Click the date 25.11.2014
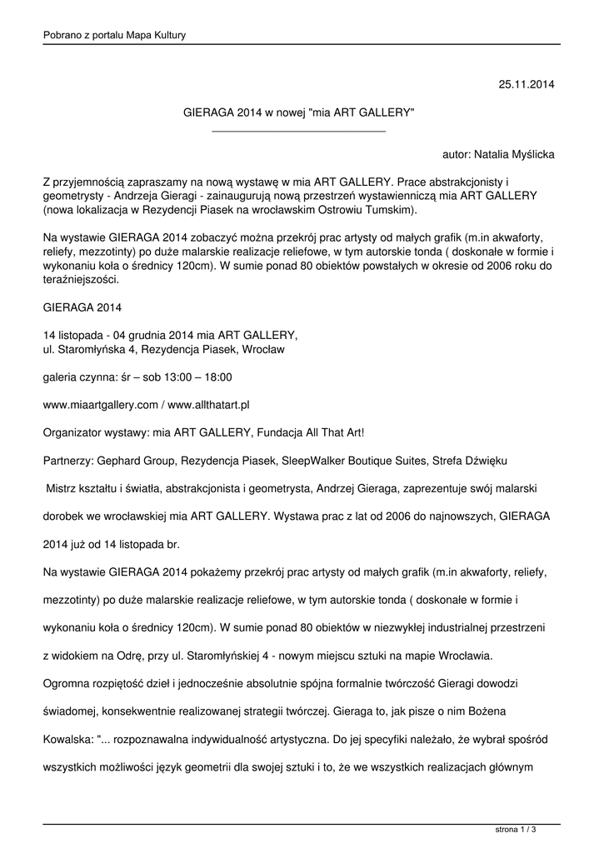526,84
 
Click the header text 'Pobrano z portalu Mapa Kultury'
114,35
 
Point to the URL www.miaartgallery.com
100,404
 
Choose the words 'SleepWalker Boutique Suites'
354,459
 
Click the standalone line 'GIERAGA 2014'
82,307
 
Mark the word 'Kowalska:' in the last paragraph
69,738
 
